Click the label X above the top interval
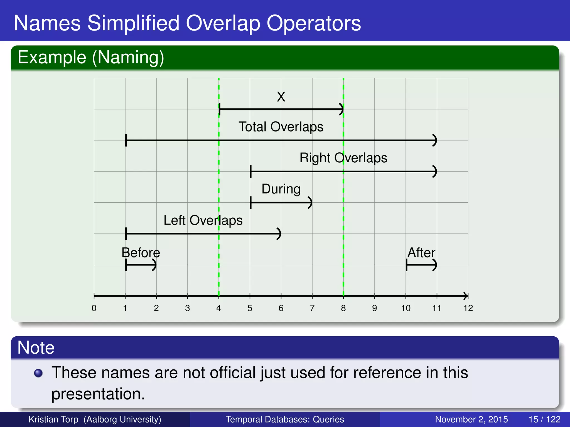click(x=281, y=97)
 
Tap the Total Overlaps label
click(x=281, y=127)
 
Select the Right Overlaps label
click(x=343, y=158)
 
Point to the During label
click(x=281, y=189)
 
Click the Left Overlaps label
click(x=203, y=220)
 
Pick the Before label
click(x=141, y=253)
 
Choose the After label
click(x=421, y=253)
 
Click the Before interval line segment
click(x=141, y=265)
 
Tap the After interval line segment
click(x=421, y=265)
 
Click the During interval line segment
click(x=281, y=203)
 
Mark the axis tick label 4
click(x=218, y=308)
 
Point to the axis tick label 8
click(x=343, y=308)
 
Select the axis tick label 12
click(x=468, y=308)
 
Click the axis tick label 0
click(x=94, y=308)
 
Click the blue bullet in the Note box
click(x=38, y=373)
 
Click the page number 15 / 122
click(x=544, y=419)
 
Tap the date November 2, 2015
click(x=471, y=419)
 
